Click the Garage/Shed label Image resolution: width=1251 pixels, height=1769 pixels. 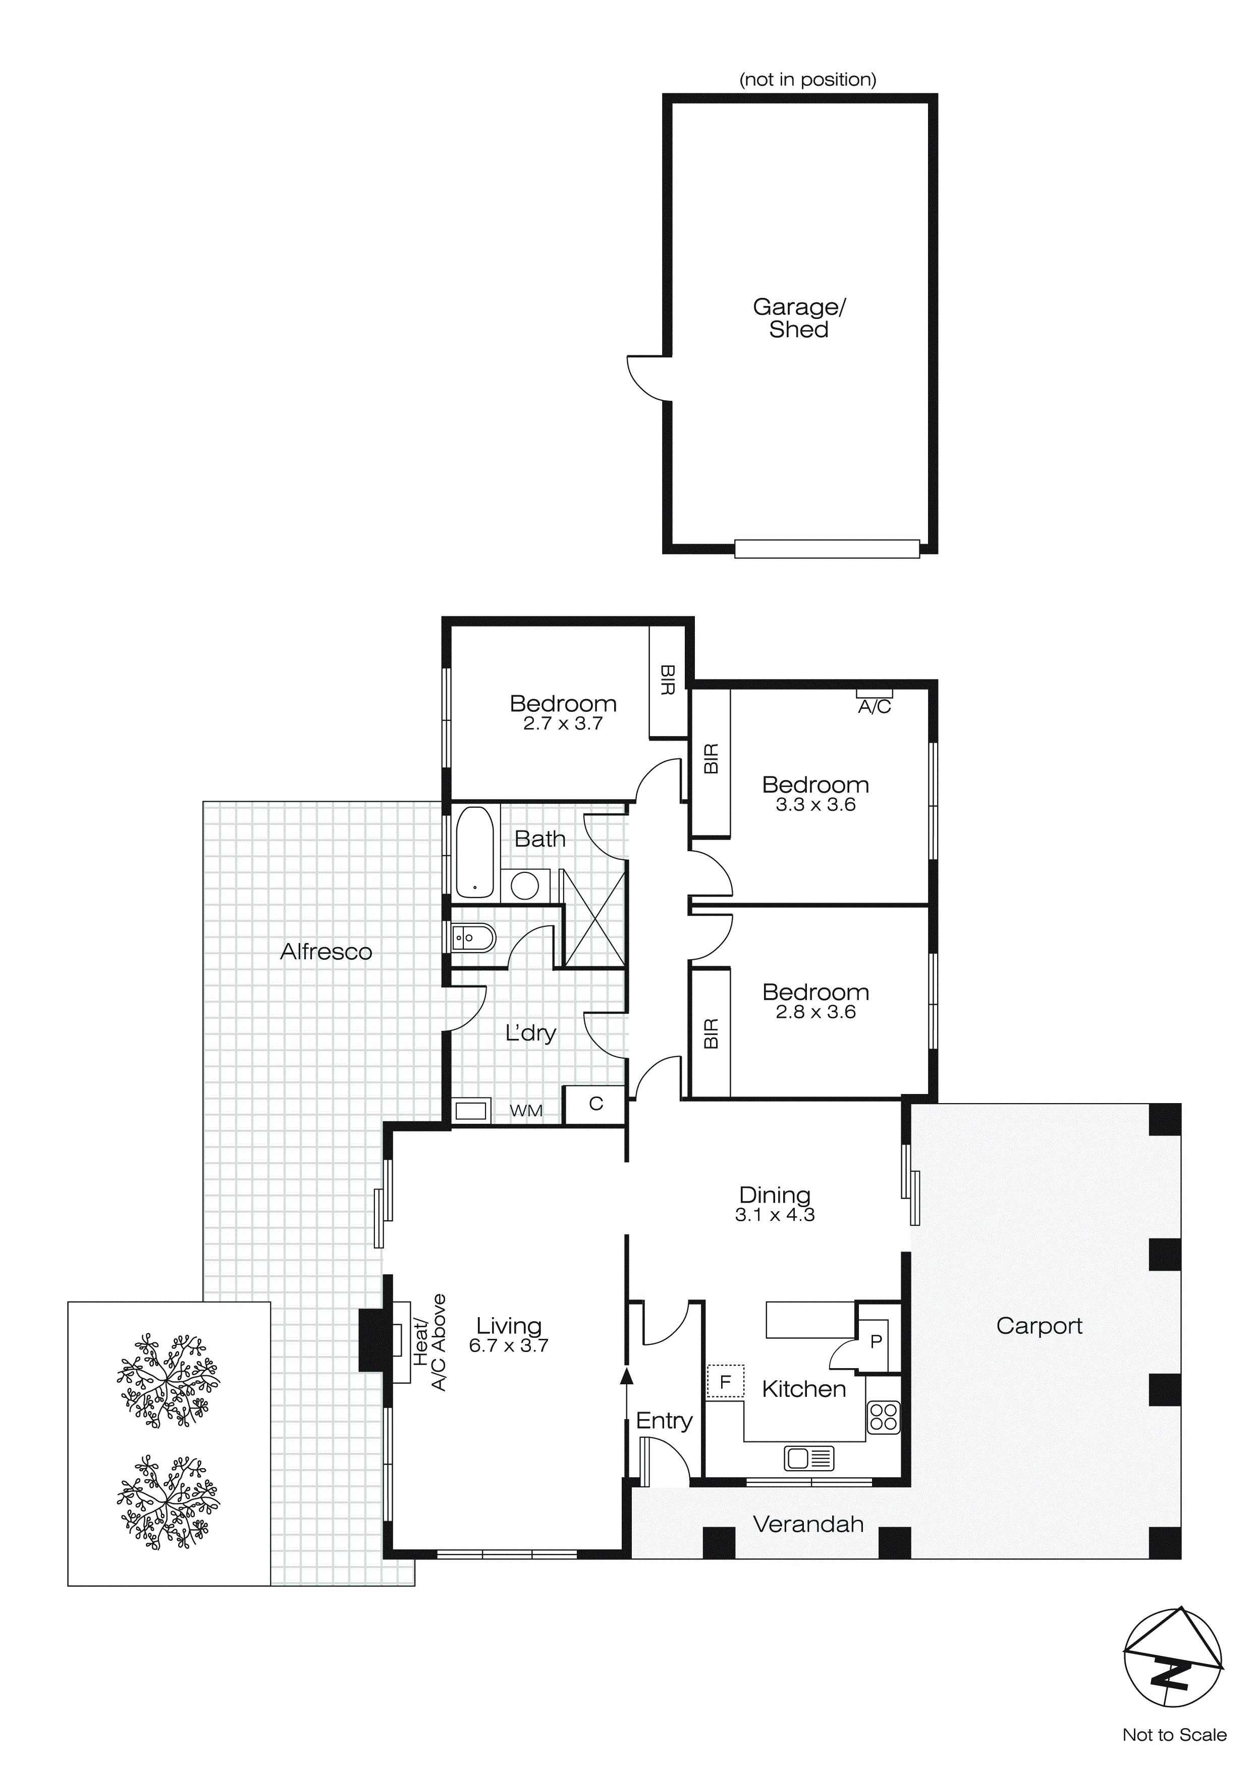click(799, 318)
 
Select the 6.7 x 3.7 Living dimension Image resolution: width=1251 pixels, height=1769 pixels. click(508, 1345)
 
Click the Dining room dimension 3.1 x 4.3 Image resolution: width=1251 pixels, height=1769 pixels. click(775, 1215)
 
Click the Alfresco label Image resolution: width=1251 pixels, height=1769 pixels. click(326, 952)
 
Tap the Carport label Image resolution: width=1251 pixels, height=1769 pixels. click(1039, 1326)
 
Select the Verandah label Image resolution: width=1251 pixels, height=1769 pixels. click(808, 1524)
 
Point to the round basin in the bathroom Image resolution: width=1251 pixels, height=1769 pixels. click(525, 886)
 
